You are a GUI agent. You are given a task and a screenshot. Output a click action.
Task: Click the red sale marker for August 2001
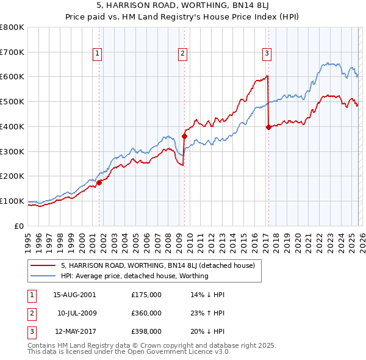click(x=99, y=182)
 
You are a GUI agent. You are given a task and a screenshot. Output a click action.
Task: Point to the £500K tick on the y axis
click(x=12, y=101)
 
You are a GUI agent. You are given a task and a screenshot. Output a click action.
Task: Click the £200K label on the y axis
click(x=12, y=176)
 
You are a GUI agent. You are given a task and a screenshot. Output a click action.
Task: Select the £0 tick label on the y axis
click(x=20, y=226)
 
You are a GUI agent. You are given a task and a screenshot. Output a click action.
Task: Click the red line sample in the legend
click(x=43, y=265)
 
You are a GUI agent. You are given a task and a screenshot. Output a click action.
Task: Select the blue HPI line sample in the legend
click(x=43, y=276)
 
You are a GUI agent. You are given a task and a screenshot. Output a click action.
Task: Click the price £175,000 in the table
click(x=146, y=295)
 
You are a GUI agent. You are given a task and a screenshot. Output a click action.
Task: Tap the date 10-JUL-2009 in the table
click(x=77, y=313)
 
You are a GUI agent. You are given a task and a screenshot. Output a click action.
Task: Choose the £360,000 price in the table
click(x=146, y=313)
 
